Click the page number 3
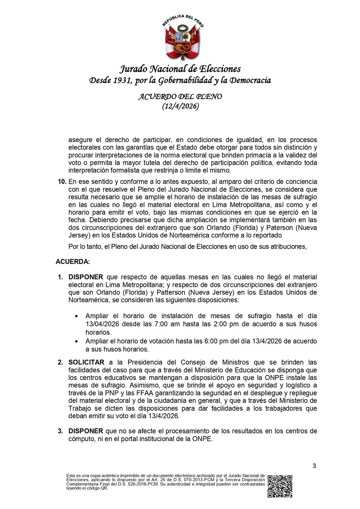[314, 467]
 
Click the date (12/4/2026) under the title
[180, 107]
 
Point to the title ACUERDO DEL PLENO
[180, 97]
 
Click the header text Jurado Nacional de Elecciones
[180, 69]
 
